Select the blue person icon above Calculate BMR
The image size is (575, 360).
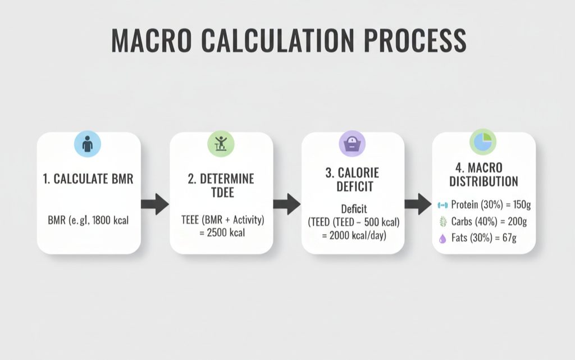coord(88,144)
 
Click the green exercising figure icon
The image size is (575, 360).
coord(221,144)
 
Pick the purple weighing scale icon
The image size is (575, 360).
coord(352,144)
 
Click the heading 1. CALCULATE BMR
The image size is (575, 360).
coord(88,180)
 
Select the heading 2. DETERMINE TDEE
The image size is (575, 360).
coord(221,186)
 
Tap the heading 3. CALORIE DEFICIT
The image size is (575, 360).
coord(352,180)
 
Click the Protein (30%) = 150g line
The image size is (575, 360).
coord(489,206)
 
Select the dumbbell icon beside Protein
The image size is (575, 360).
coord(442,206)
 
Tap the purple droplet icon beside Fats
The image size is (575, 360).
coord(442,238)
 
